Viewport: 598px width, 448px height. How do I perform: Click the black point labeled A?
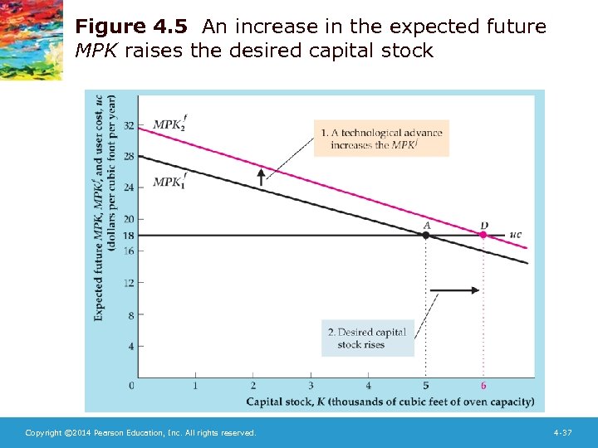pyautogui.click(x=426, y=235)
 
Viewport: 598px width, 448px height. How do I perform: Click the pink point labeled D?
pyautogui.click(x=483, y=235)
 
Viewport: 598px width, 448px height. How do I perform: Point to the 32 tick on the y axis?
pyautogui.click(x=128, y=125)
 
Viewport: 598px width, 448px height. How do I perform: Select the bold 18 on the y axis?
pyautogui.click(x=128, y=235)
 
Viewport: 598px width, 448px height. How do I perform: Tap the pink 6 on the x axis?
pyautogui.click(x=483, y=386)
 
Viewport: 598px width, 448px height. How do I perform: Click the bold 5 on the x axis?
pyautogui.click(x=426, y=386)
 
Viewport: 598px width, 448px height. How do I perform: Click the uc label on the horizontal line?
pyautogui.click(x=515, y=235)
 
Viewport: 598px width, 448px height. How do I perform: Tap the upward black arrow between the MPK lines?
pyautogui.click(x=262, y=176)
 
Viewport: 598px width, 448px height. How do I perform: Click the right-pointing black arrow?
pyautogui.click(x=457, y=290)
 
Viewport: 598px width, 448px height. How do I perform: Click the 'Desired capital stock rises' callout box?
pyautogui.click(x=367, y=338)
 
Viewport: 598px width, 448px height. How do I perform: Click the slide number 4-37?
pyautogui.click(x=562, y=433)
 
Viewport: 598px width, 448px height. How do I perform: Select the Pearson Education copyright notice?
pyautogui.click(x=140, y=433)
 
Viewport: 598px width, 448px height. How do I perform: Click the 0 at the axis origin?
pyautogui.click(x=132, y=386)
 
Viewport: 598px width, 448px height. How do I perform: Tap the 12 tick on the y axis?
pyautogui.click(x=128, y=283)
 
